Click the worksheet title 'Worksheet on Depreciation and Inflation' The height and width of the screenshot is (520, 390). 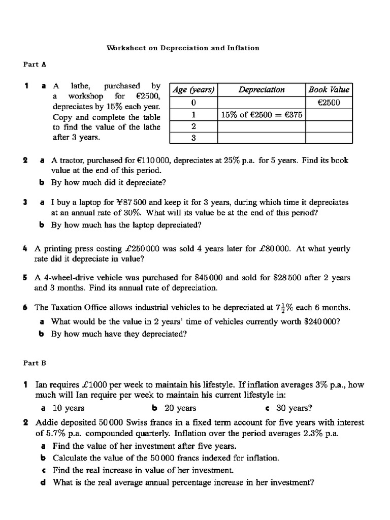(183, 48)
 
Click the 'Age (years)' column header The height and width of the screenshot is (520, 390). (193, 90)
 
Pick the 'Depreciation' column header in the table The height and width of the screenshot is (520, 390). (262, 90)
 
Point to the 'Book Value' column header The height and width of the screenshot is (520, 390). (329, 90)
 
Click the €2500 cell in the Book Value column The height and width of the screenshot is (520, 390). (329, 103)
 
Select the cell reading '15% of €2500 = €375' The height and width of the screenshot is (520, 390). (262, 115)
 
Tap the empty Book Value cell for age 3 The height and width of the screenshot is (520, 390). (329, 138)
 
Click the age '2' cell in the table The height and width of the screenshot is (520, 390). (193, 126)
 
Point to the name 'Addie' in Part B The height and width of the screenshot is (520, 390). (46, 422)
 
